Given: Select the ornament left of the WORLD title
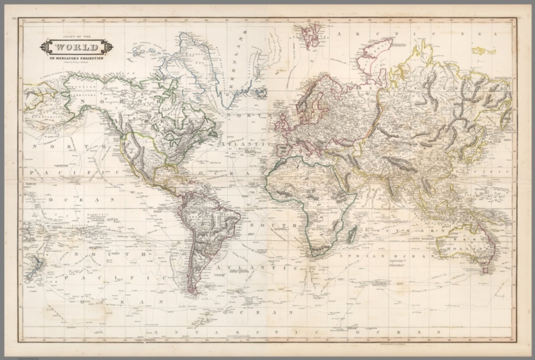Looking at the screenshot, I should pyautogui.click(x=45, y=47).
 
